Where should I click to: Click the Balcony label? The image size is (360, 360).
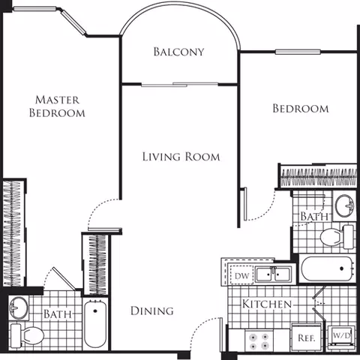point(178,52)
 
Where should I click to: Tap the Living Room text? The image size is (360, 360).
point(181,157)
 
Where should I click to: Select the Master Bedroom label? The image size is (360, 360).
point(57,106)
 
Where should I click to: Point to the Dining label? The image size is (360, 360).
point(152,310)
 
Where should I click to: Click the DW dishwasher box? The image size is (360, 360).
point(241,275)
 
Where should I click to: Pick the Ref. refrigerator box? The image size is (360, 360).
point(307,337)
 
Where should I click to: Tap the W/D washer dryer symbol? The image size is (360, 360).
point(341,338)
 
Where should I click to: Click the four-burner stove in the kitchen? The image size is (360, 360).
point(259,340)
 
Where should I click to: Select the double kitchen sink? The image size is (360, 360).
point(273,274)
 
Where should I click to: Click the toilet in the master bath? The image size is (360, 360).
point(28,335)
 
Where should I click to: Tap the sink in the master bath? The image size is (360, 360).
point(19,307)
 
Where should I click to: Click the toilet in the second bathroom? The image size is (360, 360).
point(337,237)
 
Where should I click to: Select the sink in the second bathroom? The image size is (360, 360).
point(344,205)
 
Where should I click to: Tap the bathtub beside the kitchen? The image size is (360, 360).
point(328,268)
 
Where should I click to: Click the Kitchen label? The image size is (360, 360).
point(267,304)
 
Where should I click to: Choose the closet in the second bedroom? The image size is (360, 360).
point(318,178)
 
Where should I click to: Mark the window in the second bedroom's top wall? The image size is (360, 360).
point(298,52)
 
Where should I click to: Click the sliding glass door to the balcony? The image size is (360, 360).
point(179,85)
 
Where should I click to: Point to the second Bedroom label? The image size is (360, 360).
point(301,109)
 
